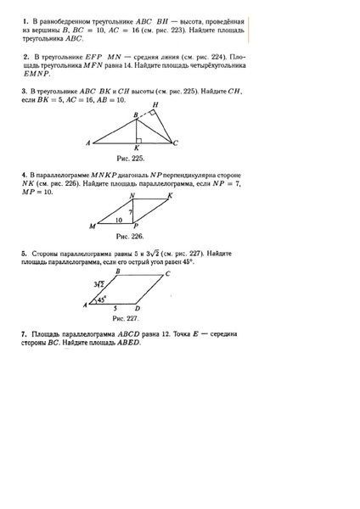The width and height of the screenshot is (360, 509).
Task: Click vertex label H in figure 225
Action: (x=155, y=104)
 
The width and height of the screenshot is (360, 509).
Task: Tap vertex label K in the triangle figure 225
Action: (x=137, y=148)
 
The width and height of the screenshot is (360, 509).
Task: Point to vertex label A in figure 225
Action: (x=88, y=142)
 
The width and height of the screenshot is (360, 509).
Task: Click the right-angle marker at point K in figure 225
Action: (x=139, y=138)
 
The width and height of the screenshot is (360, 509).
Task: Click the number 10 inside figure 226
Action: (x=118, y=220)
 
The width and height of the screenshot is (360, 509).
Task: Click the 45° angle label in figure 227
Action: (x=101, y=299)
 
